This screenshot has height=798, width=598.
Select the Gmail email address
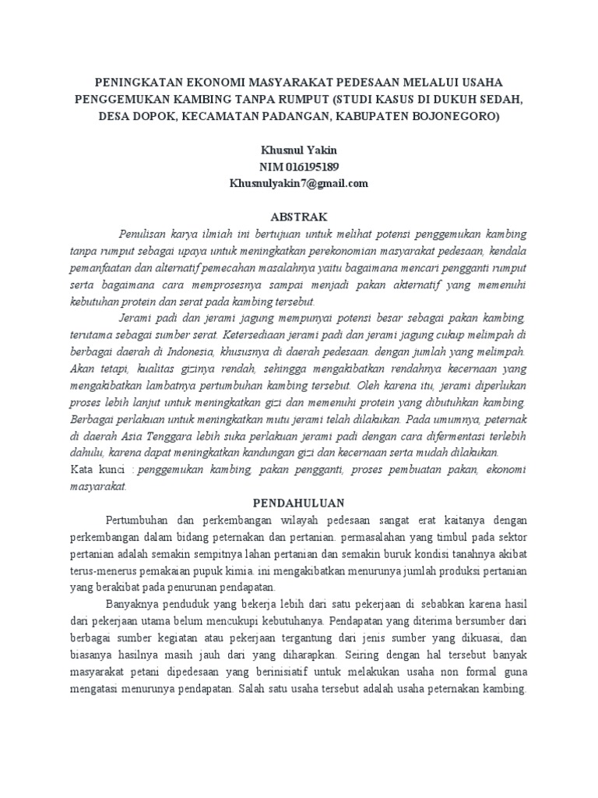click(298, 184)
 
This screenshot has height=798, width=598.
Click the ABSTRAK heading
click(298, 216)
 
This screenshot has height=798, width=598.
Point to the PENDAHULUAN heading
click(298, 503)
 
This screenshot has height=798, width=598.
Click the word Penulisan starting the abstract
click(144, 234)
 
